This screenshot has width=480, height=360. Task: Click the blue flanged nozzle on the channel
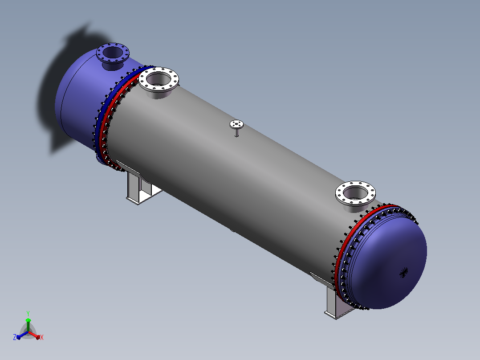click(x=113, y=56)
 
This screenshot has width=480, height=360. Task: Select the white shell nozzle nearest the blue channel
click(x=159, y=82)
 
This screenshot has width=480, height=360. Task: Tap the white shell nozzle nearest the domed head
click(x=355, y=196)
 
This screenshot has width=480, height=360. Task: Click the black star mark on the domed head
click(x=404, y=272)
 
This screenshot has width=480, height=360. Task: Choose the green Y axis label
click(x=28, y=313)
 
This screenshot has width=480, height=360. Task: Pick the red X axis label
click(x=42, y=337)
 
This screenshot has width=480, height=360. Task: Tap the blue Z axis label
click(x=15, y=337)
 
